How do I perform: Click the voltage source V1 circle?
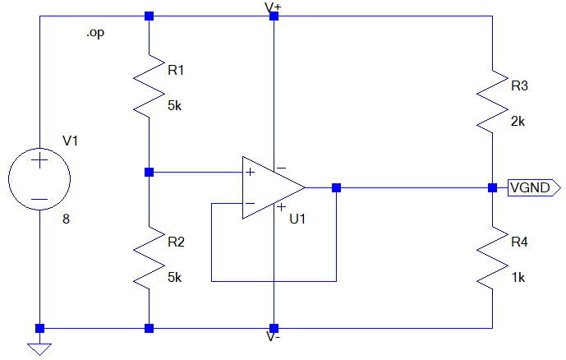(9, 179)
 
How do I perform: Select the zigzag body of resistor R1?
(149, 86)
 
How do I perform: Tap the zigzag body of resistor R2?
(149, 258)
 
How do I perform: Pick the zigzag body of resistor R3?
(492, 102)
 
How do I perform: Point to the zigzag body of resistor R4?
(492, 258)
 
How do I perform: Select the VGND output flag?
(534, 187)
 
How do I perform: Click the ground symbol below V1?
(39, 349)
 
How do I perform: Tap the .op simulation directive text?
(95, 33)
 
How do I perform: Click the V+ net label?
(273, 7)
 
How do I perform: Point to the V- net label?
(273, 336)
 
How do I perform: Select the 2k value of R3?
(518, 122)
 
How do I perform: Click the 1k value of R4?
(518, 278)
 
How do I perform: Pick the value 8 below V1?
(66, 219)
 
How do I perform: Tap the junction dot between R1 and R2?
(149, 173)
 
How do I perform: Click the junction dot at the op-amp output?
(337, 187)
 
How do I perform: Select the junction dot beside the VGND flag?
(492, 187)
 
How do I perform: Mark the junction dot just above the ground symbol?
(39, 328)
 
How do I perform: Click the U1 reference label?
(297, 219)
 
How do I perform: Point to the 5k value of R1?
(175, 106)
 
